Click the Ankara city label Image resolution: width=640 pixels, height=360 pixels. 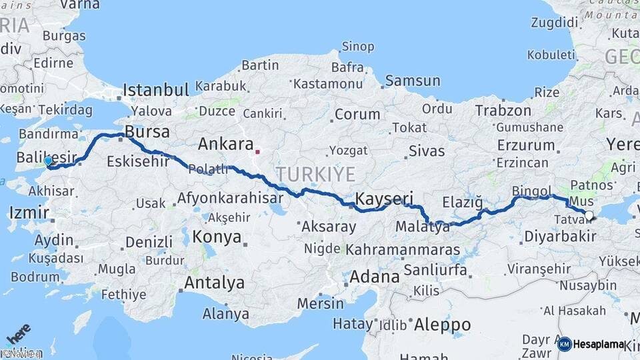tap(225, 144)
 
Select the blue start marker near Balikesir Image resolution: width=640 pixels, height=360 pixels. tap(47, 161)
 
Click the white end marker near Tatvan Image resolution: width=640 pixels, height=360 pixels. tap(589, 215)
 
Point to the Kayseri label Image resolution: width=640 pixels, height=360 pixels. tap(384, 198)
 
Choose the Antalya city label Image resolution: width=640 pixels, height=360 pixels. tap(214, 283)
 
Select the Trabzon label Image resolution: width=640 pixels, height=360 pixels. tap(503, 111)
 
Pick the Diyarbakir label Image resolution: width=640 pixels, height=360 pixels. tap(560, 236)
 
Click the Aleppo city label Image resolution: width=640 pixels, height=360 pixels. tap(442, 325)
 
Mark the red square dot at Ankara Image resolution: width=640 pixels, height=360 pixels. tap(257, 151)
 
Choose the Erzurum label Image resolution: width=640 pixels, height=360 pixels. tap(526, 145)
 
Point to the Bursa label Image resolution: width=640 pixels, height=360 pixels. tap(147, 131)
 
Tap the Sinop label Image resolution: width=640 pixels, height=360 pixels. tap(358, 47)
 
